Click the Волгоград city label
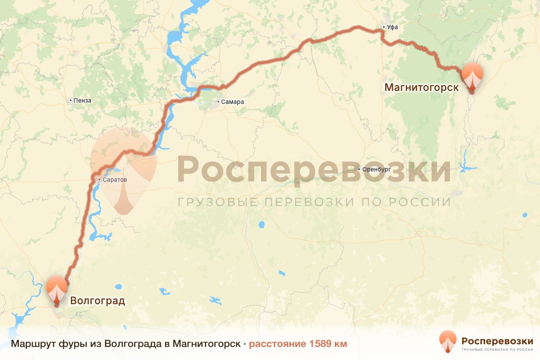(97, 300)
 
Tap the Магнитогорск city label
(422, 87)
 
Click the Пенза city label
(83, 100)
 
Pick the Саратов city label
(115, 180)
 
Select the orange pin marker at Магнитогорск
(472, 76)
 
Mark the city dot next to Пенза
(71, 100)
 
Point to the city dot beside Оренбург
(359, 169)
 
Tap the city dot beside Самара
(218, 102)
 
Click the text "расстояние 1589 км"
(298, 344)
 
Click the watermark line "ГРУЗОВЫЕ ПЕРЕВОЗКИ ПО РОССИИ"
(314, 202)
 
